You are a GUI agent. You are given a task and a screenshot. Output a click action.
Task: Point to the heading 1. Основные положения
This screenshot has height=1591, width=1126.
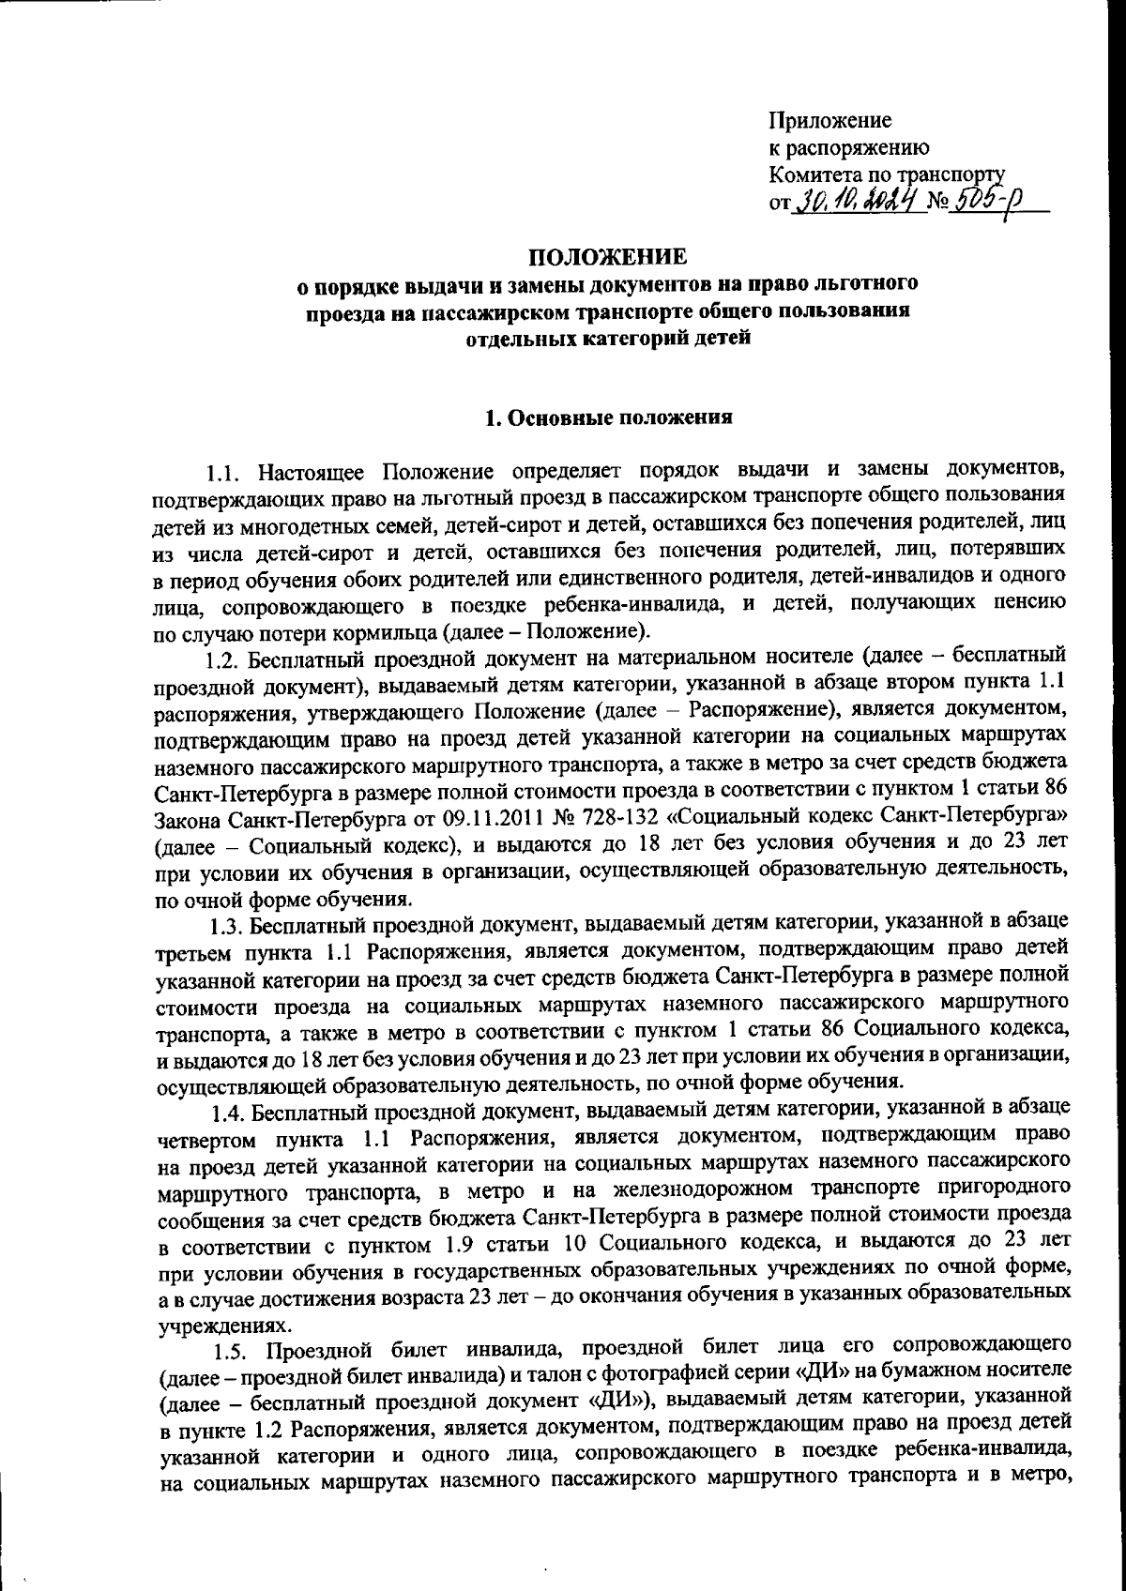pos(607,417)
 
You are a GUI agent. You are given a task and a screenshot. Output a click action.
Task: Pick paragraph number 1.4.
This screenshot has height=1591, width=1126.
pos(230,1114)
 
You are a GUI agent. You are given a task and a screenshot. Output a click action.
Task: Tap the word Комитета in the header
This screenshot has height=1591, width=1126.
pos(810,174)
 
